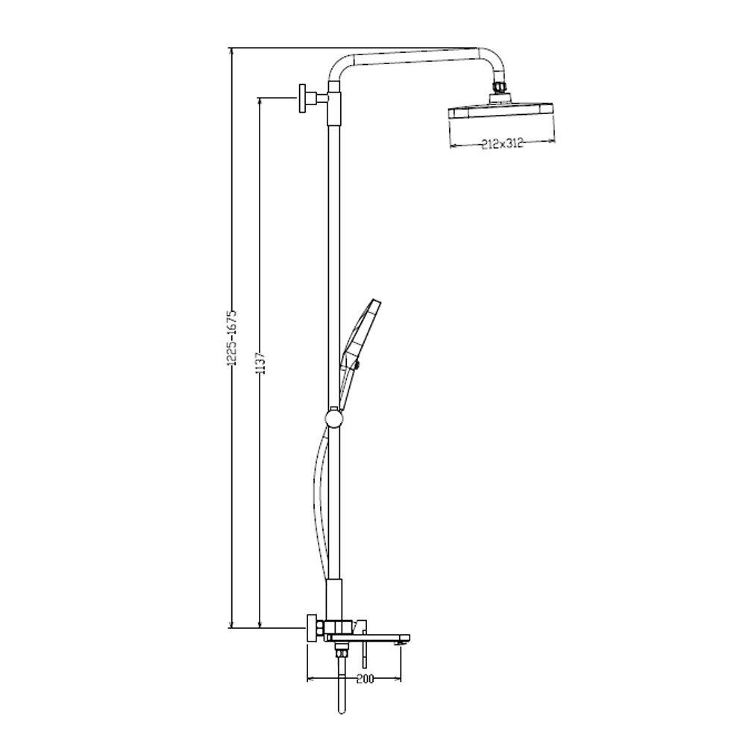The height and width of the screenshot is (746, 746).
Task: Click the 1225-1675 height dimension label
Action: coord(232,338)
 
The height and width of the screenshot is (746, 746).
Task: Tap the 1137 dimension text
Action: coord(260,363)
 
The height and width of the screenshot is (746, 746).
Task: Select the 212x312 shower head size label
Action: coord(501,143)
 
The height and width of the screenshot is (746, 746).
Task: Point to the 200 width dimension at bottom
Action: coord(365,678)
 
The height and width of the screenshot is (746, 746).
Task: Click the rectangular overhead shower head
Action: coord(501,113)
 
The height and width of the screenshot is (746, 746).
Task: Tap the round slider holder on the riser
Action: coord(333,419)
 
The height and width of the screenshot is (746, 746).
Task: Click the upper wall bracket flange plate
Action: coord(303,98)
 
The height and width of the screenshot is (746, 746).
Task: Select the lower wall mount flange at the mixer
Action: coord(312,628)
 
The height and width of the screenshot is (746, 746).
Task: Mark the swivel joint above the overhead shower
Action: coord(498,87)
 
